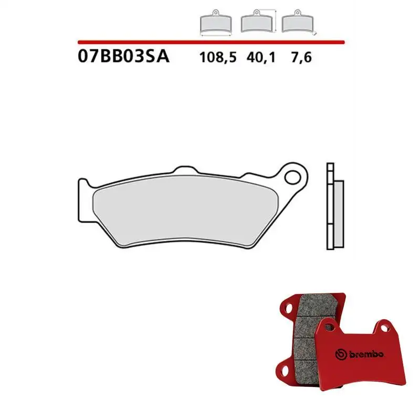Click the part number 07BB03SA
click(x=123, y=57)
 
